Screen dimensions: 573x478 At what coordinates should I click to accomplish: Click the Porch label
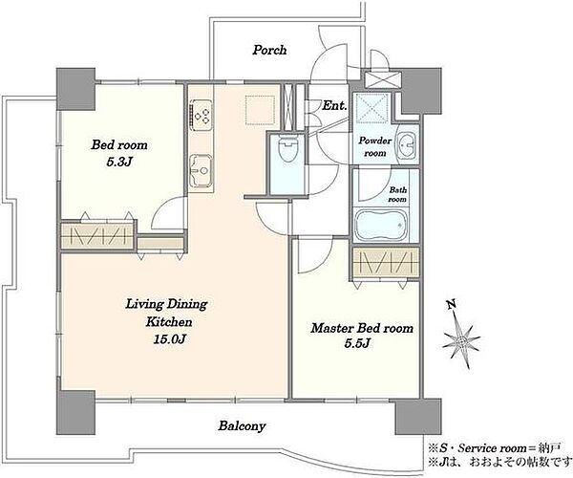coord(269,50)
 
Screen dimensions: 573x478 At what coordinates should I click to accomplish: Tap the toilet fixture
coord(286,148)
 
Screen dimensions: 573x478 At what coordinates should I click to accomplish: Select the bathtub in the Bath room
coord(381,225)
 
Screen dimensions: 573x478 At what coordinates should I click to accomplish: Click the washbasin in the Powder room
coord(406,144)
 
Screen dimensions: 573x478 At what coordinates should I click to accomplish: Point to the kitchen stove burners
coord(201,114)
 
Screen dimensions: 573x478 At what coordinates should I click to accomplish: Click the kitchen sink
coord(201,170)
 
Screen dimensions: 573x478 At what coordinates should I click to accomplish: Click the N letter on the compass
coord(452,304)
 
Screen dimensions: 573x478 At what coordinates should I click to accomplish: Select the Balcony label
coord(242,426)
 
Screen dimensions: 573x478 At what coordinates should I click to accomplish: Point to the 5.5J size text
coord(357,343)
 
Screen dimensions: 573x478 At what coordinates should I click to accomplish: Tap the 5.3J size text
coord(118,162)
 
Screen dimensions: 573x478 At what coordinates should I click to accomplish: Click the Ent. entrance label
coord(334,106)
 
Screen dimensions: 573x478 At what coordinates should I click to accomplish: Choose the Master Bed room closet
coord(386,263)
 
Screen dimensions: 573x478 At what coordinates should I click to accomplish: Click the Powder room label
coord(375,146)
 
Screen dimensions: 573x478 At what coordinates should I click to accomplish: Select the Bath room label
coord(397,194)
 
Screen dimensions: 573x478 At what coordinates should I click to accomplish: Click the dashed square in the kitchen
coord(260,110)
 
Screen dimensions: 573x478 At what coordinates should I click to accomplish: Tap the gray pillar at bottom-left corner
coord(76,412)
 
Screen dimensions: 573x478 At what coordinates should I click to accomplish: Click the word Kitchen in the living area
coord(169,322)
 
